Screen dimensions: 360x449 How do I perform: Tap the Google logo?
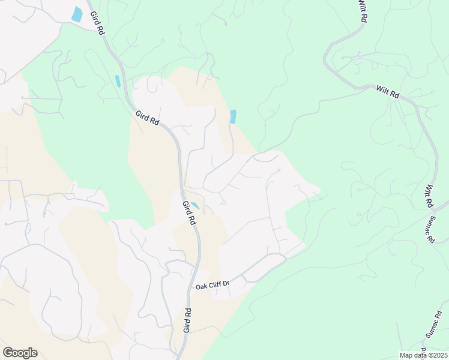pyautogui.click(x=20, y=353)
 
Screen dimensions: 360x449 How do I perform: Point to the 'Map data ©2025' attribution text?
pyautogui.click(x=423, y=355)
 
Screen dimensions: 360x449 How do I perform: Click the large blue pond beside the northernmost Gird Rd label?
pyautogui.click(x=77, y=14)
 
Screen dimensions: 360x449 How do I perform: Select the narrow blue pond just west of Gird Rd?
pyautogui.click(x=118, y=81)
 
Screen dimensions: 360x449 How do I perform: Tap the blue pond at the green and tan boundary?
pyautogui.click(x=233, y=116)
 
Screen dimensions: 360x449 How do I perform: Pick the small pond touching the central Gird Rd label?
pyautogui.click(x=195, y=206)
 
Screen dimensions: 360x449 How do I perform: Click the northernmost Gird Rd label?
pyautogui.click(x=97, y=23)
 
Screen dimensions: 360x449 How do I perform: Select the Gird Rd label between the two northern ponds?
pyautogui.click(x=147, y=117)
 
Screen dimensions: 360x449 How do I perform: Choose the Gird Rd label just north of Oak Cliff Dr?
pyautogui.click(x=188, y=213)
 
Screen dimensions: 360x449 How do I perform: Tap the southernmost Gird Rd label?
pyautogui.click(x=187, y=320)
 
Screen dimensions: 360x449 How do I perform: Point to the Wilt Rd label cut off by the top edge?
pyautogui.click(x=362, y=11)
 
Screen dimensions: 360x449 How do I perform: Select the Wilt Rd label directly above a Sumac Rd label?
pyautogui.click(x=430, y=196)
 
